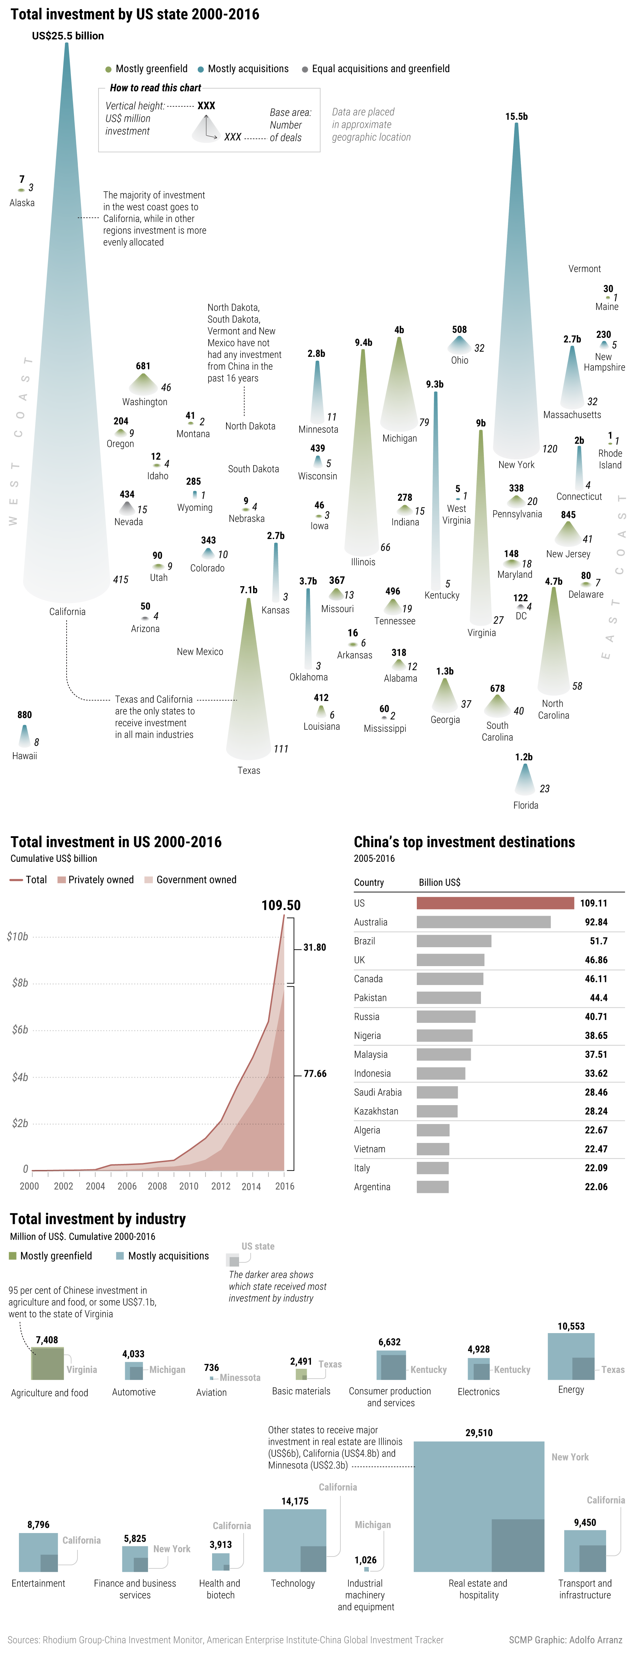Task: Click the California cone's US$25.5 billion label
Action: [68, 36]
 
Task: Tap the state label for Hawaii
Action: [25, 756]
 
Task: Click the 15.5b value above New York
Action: [516, 116]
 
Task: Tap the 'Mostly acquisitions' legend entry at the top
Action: [243, 69]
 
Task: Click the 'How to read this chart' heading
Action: [155, 88]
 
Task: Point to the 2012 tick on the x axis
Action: [221, 1186]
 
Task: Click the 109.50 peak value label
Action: [281, 905]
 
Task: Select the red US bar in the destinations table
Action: [495, 903]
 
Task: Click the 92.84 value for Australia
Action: [596, 922]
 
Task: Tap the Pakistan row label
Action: [370, 998]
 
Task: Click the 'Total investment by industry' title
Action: [98, 1219]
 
